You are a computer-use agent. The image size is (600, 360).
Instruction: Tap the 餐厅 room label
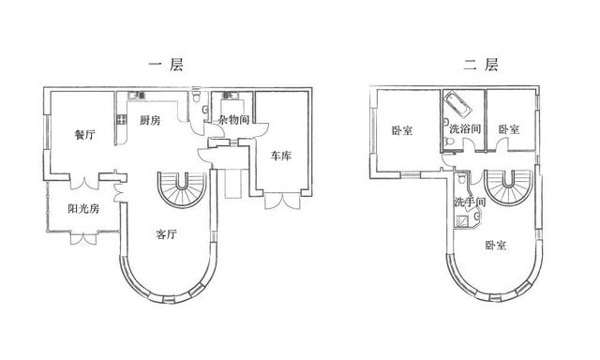click(x=84, y=134)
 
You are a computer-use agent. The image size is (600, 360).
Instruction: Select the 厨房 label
click(x=150, y=120)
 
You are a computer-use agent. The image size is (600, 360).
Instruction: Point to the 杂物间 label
click(x=232, y=120)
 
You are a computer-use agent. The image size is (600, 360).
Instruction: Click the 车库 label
click(x=280, y=156)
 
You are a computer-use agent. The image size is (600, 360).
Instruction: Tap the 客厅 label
click(x=166, y=235)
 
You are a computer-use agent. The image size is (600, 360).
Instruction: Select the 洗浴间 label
click(x=464, y=128)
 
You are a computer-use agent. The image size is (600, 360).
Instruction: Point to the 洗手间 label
click(x=469, y=202)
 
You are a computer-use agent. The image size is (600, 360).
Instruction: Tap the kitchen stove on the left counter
click(x=121, y=119)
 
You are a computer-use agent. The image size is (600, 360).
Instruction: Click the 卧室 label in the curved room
click(x=496, y=246)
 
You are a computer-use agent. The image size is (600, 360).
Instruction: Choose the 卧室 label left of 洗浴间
click(x=402, y=130)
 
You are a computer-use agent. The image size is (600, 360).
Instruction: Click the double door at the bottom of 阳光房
click(x=82, y=238)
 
